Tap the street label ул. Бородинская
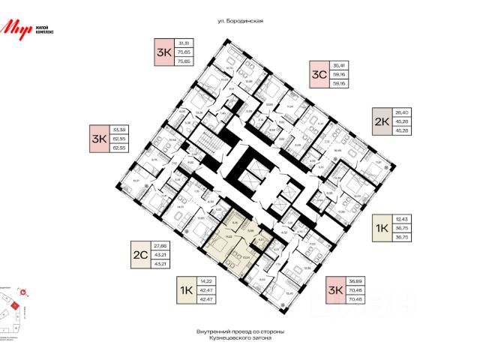[x=239, y=22]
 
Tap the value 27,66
[x=159, y=244]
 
